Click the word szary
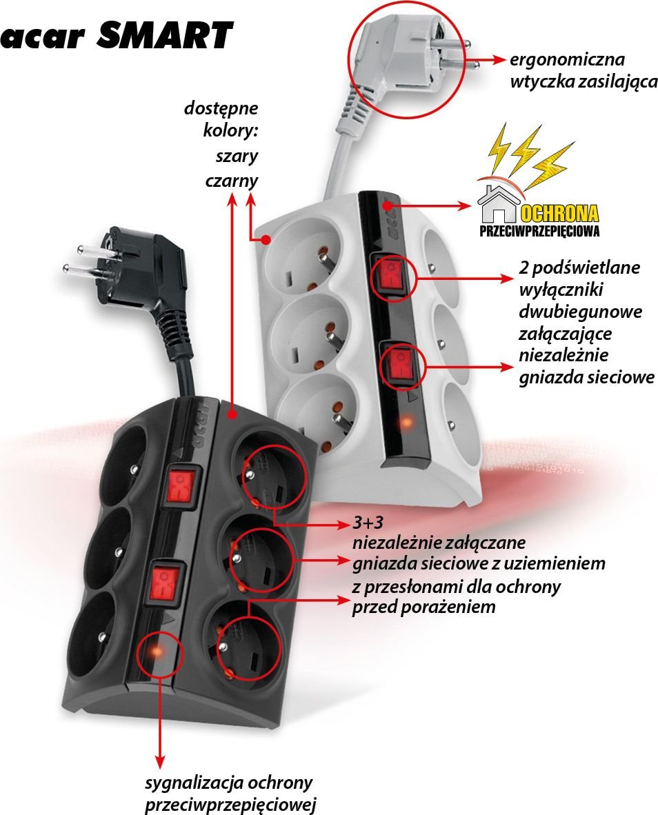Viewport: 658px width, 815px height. (237, 156)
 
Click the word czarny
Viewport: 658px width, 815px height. (231, 181)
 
